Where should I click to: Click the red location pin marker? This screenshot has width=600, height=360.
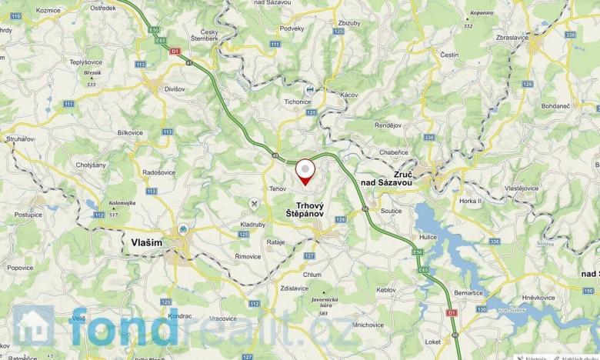point(306,171)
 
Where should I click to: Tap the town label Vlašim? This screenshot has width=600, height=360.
point(142,242)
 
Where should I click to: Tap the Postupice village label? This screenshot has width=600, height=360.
point(27,215)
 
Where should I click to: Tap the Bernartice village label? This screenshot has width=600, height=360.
point(468,294)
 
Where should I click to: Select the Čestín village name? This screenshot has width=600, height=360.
point(449,55)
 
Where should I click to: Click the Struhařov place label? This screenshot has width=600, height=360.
point(19,138)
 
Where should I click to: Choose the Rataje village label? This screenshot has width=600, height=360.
point(275,242)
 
